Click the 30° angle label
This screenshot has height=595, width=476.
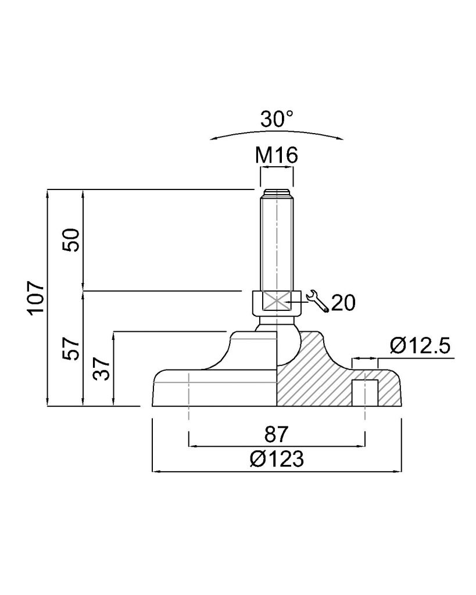point(277,119)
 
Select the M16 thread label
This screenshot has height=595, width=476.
point(276,155)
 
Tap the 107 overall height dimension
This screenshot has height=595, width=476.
point(36,297)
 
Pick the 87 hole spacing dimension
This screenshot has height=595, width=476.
point(277,434)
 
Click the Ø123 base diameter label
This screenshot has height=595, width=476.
point(277,459)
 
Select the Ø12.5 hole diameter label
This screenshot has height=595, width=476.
point(420,346)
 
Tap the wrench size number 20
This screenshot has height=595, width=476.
point(343,303)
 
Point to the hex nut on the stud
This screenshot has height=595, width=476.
point(277,302)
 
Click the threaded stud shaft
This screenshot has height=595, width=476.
point(277,243)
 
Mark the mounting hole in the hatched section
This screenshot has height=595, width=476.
point(365,393)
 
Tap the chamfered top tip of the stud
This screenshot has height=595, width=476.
point(277,192)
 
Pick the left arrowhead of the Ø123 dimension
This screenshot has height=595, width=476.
point(156,472)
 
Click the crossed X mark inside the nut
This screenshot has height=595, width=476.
point(277,302)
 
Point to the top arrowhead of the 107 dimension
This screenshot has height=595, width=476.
point(48,193)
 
